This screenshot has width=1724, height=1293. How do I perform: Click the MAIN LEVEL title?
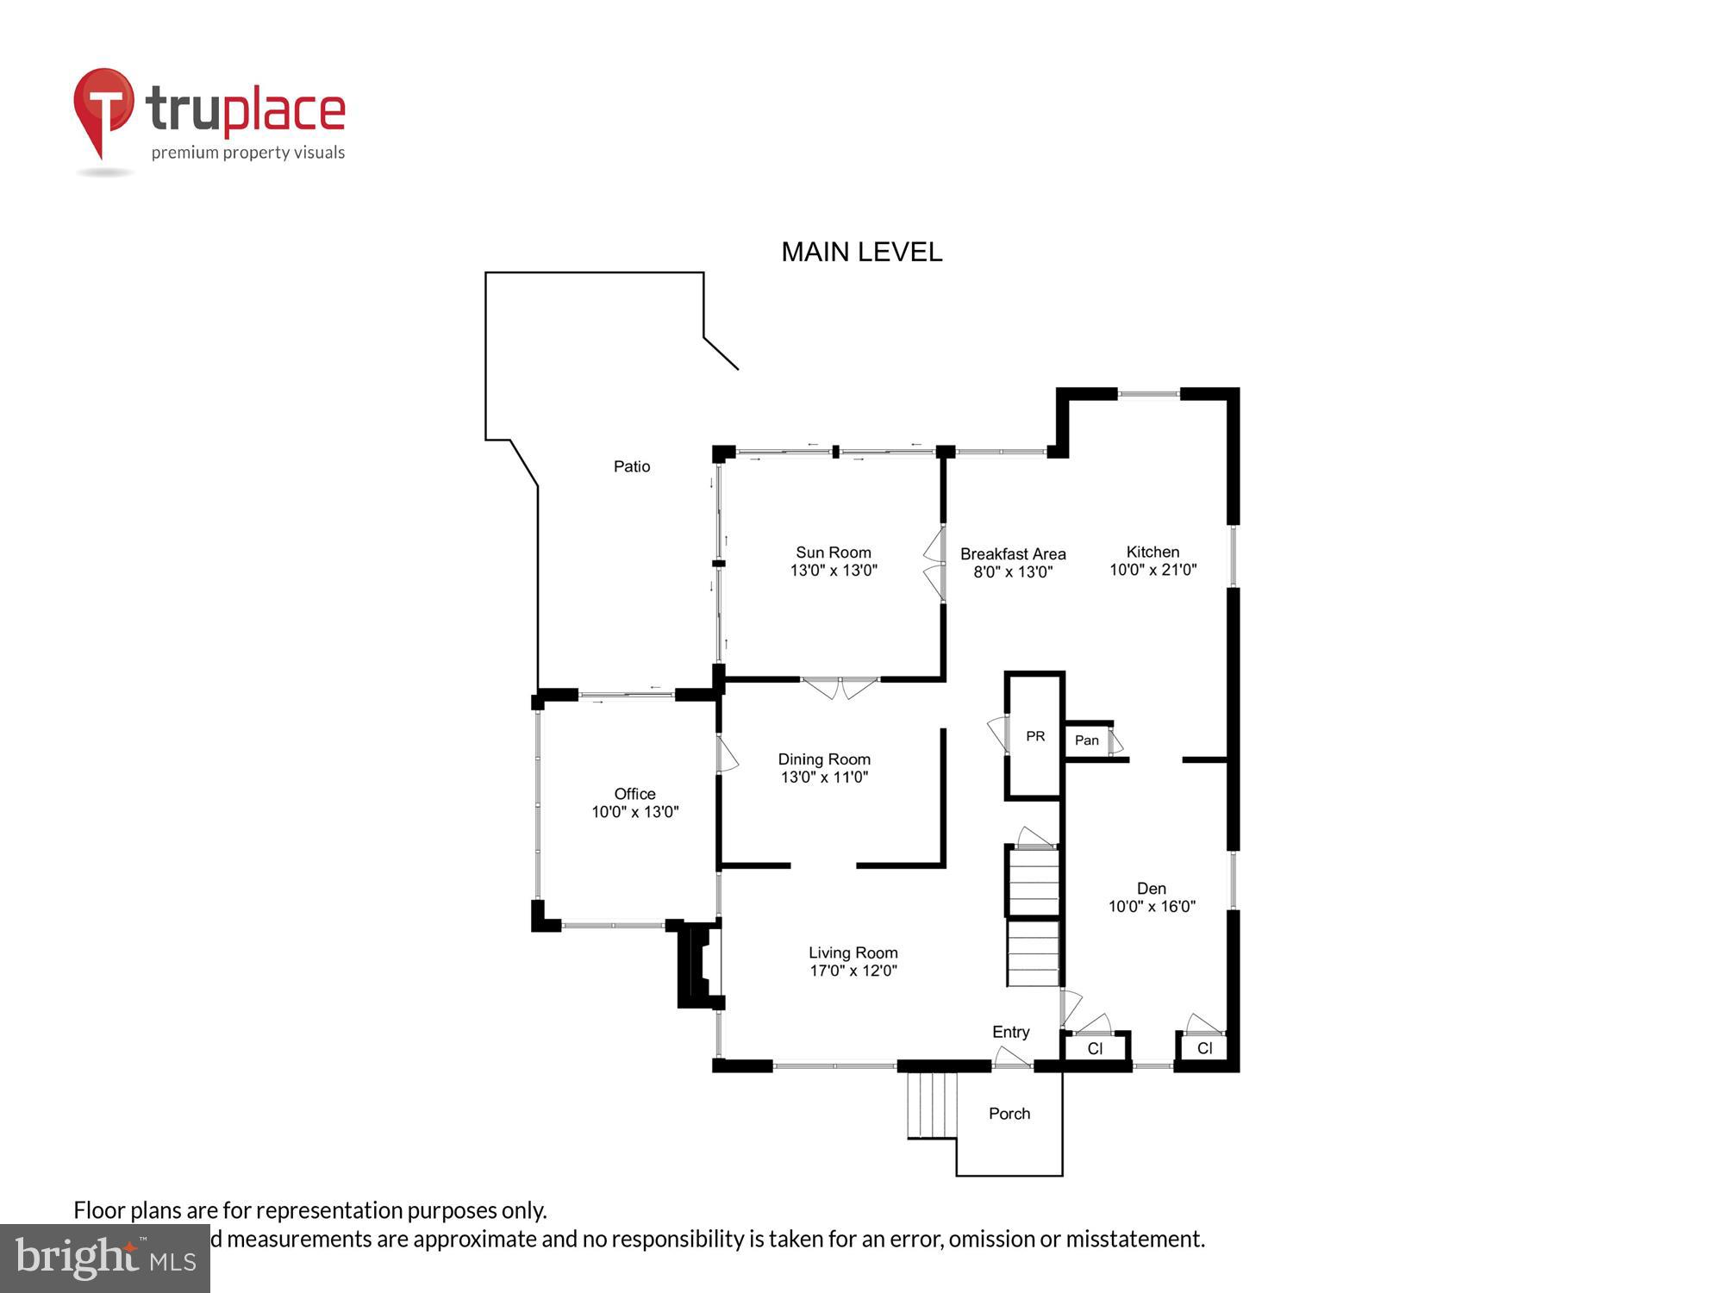point(861,252)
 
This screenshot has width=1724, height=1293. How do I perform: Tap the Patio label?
point(631,466)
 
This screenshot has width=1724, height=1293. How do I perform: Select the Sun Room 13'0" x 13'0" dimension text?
point(834,570)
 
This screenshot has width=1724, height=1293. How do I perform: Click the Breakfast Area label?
point(1013,554)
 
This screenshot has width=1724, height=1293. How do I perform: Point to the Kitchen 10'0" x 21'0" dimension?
point(1152,570)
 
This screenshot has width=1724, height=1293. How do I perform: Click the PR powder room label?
point(1035,736)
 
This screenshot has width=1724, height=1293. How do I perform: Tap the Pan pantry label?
point(1086,740)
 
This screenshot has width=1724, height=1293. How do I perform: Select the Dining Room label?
point(824,759)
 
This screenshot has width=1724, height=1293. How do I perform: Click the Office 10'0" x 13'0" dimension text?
point(634,812)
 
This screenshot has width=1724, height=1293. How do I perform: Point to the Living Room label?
point(853,953)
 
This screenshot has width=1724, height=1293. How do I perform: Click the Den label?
point(1151,889)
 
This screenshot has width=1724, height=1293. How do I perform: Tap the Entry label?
point(1010,1032)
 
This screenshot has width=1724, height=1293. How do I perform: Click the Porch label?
point(1009,1114)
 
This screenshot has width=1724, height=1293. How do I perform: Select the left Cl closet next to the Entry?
point(1095,1049)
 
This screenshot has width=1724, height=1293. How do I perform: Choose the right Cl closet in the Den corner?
point(1204,1048)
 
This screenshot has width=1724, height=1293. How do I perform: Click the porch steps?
point(933,1105)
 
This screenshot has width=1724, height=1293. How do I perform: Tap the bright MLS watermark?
point(105,1259)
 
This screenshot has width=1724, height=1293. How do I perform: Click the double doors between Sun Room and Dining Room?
point(840,687)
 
